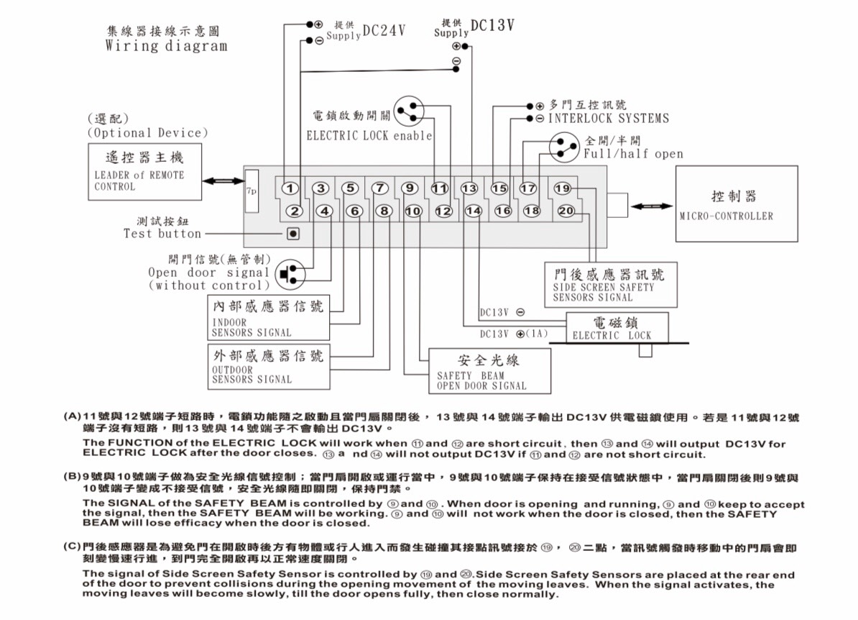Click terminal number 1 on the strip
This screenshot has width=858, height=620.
click(x=290, y=188)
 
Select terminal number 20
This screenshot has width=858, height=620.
click(x=566, y=211)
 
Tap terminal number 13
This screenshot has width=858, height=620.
click(x=469, y=188)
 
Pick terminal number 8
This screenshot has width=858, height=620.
click(x=385, y=211)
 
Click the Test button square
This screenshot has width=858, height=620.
click(x=293, y=233)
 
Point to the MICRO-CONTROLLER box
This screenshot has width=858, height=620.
click(x=737, y=204)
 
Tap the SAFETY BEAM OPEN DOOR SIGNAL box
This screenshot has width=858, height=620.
click(x=489, y=370)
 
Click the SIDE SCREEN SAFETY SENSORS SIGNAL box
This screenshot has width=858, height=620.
click(x=611, y=284)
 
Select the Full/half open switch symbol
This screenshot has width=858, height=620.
click(x=565, y=147)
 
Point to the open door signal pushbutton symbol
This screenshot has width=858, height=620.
click(x=292, y=274)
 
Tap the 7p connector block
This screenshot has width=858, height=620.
click(x=252, y=191)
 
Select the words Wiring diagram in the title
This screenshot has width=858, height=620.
click(x=166, y=46)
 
